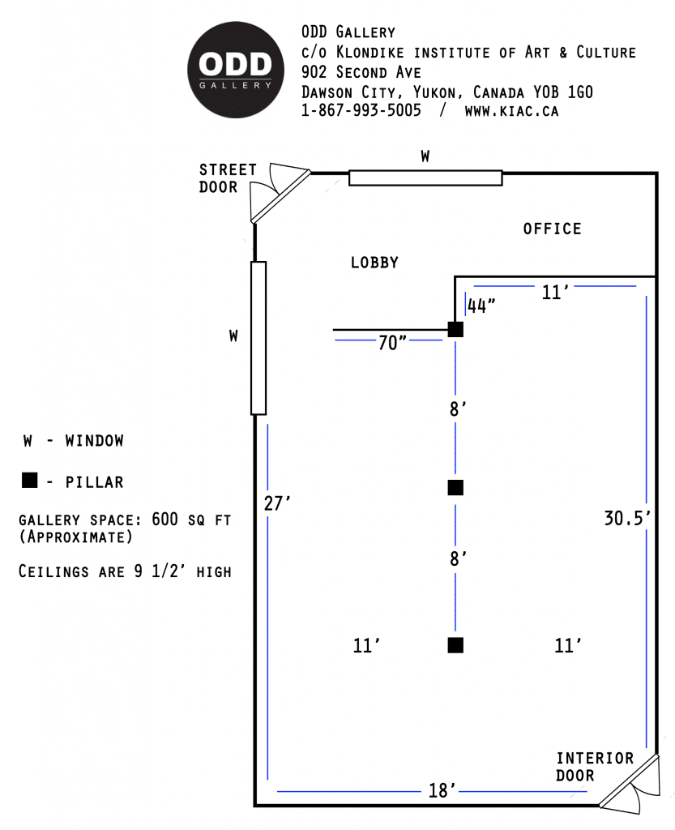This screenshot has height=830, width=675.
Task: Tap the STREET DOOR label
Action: pyautogui.click(x=228, y=178)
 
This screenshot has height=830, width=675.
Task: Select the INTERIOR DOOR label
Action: pyautogui.click(x=594, y=767)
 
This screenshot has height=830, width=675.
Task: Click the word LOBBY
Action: pyautogui.click(x=374, y=263)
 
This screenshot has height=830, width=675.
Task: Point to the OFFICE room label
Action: pyautogui.click(x=552, y=229)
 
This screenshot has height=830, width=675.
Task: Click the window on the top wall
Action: pyautogui.click(x=425, y=178)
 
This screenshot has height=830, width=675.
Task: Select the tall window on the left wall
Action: pyautogui.click(x=258, y=337)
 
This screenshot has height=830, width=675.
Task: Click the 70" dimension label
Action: pyautogui.click(x=392, y=343)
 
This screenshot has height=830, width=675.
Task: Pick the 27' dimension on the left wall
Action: pyautogui.click(x=277, y=503)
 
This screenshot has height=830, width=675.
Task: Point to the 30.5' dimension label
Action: pyautogui.click(x=627, y=519)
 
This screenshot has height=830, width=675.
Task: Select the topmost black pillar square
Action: pyautogui.click(x=455, y=329)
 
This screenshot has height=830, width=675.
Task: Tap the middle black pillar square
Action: pyautogui.click(x=455, y=487)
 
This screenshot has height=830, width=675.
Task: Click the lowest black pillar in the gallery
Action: pyautogui.click(x=455, y=645)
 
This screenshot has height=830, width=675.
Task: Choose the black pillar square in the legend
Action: pyautogui.click(x=29, y=481)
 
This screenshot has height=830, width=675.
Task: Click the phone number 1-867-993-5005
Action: pyautogui.click(x=361, y=111)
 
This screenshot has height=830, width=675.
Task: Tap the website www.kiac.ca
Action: pyautogui.click(x=511, y=111)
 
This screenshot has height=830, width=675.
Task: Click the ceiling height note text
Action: pyautogui.click(x=125, y=571)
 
